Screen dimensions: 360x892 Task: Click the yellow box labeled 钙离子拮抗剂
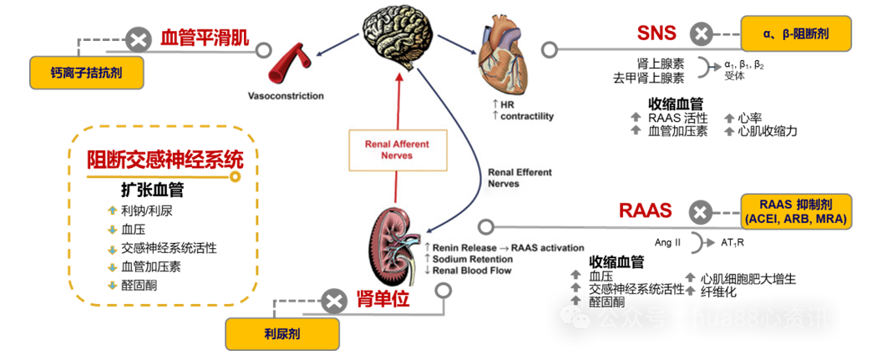pyautogui.click(x=87, y=73)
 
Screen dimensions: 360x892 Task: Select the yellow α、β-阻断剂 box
pyautogui.click(x=795, y=34)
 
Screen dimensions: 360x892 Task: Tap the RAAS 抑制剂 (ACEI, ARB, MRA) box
pyautogui.click(x=796, y=211)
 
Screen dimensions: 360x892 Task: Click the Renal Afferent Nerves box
pyautogui.click(x=397, y=150)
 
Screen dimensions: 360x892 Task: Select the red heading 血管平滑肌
pyautogui.click(x=205, y=38)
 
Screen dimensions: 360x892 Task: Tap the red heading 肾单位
pyautogui.click(x=383, y=299)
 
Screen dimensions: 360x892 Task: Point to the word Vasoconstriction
pyautogui.click(x=286, y=96)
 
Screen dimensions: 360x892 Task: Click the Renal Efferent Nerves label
pyautogui.click(x=519, y=178)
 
